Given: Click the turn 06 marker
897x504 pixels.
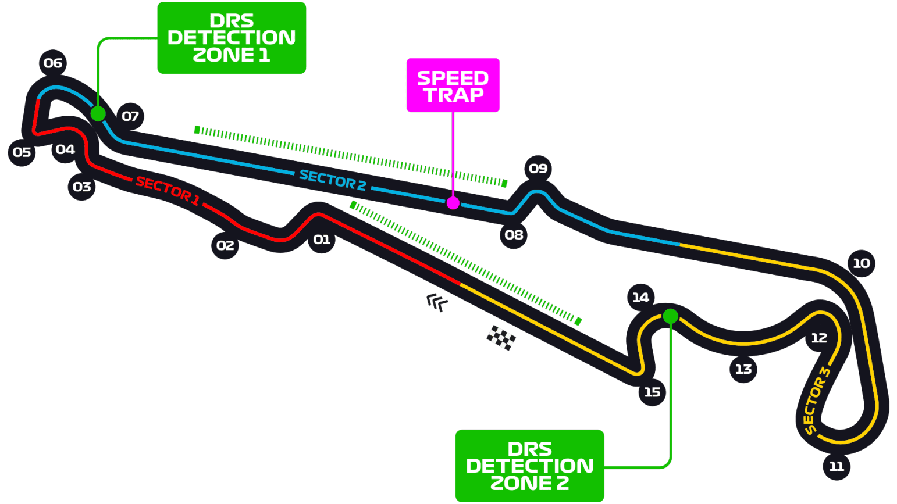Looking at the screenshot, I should (x=53, y=63).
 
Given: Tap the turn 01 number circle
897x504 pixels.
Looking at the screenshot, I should (x=322, y=240).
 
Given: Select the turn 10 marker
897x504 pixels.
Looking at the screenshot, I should (x=861, y=263).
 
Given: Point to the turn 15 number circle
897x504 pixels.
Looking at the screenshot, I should (x=652, y=392).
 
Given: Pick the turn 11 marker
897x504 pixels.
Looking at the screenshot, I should (x=837, y=466).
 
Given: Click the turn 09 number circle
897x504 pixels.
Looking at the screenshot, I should (x=538, y=169).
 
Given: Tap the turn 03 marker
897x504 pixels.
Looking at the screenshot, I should (x=81, y=187).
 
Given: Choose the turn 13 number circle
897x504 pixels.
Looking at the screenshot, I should (x=743, y=369).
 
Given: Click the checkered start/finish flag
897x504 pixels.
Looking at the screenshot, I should (x=501, y=338).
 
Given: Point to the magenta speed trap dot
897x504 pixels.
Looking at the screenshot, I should (x=453, y=203).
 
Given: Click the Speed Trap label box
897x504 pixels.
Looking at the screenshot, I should (x=453, y=85).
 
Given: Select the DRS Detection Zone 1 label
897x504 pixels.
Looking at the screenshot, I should (x=232, y=38).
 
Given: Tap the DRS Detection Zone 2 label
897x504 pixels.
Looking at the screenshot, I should (x=529, y=466).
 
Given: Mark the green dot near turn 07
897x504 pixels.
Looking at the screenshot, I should (x=98, y=114).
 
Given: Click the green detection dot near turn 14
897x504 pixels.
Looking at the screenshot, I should (x=671, y=316).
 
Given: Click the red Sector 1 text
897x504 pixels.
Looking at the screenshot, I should (x=168, y=191).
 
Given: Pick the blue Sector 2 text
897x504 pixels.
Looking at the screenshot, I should (x=332, y=180).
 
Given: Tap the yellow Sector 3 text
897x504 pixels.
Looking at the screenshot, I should (x=817, y=401).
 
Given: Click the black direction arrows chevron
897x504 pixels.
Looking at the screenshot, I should (x=437, y=303).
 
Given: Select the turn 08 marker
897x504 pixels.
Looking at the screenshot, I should (x=514, y=235).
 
